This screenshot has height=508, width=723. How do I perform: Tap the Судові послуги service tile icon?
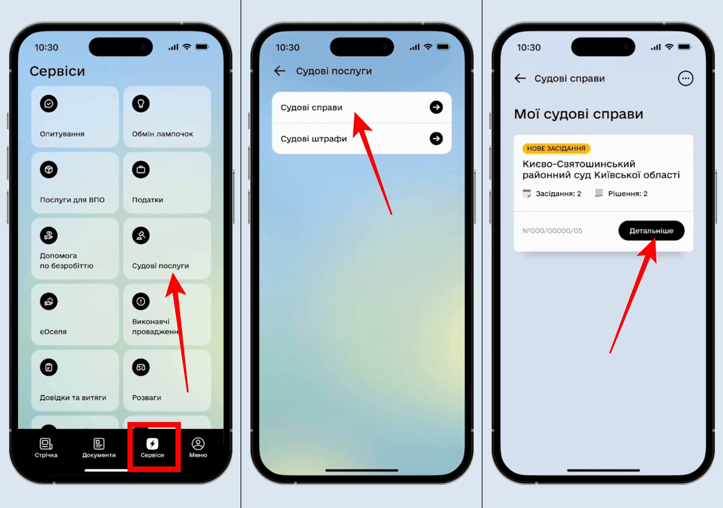pyautogui.click(x=141, y=235)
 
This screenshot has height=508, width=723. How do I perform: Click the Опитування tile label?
pyautogui.click(x=62, y=134)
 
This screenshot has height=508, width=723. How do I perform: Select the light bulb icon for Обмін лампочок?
pyautogui.click(x=141, y=104)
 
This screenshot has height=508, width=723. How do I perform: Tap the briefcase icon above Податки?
pyautogui.click(x=141, y=170)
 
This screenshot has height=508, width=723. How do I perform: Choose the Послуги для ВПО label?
pyautogui.click(x=72, y=200)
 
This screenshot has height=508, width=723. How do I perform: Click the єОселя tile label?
pyautogui.click(x=53, y=332)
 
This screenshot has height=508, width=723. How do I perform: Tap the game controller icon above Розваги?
pyautogui.click(x=141, y=367)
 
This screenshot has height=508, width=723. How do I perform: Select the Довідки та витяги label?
pyautogui.click(x=73, y=398)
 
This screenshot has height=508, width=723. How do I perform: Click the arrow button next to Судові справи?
pyautogui.click(x=436, y=107)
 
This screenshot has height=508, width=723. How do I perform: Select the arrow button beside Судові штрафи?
pyautogui.click(x=436, y=139)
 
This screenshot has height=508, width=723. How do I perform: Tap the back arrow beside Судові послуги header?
pyautogui.click(x=280, y=71)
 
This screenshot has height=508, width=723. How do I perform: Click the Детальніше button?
pyautogui.click(x=651, y=231)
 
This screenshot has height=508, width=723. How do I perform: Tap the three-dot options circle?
pyautogui.click(x=685, y=78)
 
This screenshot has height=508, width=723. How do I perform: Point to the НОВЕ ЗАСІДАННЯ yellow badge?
pyautogui.click(x=556, y=148)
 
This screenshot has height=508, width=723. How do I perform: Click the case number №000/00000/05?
pyautogui.click(x=552, y=231)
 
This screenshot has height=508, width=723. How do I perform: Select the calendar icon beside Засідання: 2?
pyautogui.click(x=526, y=193)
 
